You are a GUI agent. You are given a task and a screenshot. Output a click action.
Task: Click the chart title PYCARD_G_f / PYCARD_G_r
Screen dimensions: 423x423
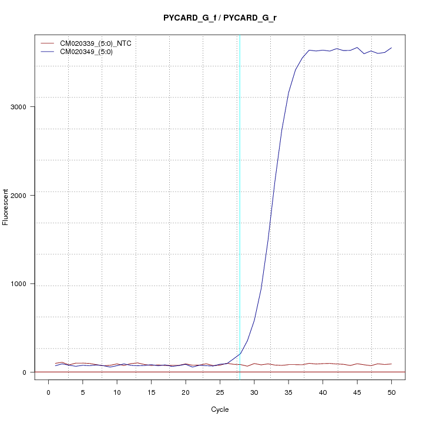220,18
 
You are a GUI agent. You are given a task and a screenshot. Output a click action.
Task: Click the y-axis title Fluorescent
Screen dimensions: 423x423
6,207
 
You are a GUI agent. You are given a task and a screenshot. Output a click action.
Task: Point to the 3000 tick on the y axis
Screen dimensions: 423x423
23,107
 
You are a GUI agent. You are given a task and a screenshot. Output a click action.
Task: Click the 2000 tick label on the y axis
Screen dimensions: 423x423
23,195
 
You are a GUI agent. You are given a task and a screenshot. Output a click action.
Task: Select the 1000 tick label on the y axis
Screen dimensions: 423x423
23,284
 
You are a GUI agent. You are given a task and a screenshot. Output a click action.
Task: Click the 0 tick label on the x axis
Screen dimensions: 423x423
49,392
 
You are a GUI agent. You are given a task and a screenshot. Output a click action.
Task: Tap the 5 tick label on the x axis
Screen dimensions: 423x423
83,392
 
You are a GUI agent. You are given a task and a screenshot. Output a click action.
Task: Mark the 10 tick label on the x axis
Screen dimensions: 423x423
117,392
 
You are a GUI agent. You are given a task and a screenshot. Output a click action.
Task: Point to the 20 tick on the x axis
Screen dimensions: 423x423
186,392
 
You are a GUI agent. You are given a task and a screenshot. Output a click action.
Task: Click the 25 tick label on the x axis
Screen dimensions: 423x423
220,392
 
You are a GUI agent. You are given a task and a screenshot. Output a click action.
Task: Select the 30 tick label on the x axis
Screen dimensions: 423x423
254,392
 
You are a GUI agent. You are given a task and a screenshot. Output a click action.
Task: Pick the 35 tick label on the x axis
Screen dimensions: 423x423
288,392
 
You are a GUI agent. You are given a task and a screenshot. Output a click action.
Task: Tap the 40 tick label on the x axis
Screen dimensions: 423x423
323,392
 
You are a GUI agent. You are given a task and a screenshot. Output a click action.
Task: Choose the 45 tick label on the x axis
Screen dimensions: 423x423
357,392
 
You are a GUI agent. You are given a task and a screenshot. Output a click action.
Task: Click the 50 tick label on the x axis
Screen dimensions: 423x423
391,392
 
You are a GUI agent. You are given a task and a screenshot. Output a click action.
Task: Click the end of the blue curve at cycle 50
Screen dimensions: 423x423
391,48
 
